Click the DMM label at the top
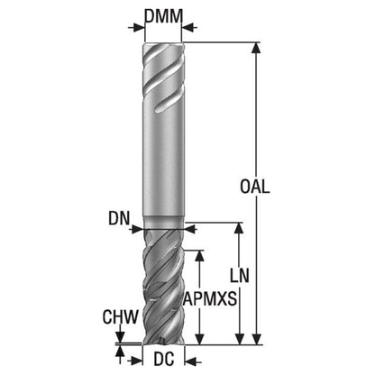(x=163, y=16)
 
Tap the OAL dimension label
(x=255, y=187)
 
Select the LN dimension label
(x=240, y=276)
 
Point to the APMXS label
(x=210, y=299)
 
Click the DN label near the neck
(x=119, y=218)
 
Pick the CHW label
(x=121, y=316)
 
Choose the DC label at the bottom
(x=164, y=359)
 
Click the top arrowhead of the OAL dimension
(x=256, y=48)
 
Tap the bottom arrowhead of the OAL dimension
(x=256, y=339)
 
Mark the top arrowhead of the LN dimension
(x=239, y=228)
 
